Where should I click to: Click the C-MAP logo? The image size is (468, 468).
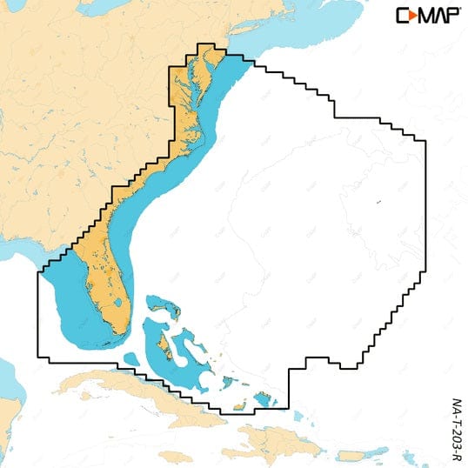coord(429,15)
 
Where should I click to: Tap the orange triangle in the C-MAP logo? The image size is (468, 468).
coord(411,15)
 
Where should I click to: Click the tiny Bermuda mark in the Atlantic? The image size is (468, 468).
coord(378,203)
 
